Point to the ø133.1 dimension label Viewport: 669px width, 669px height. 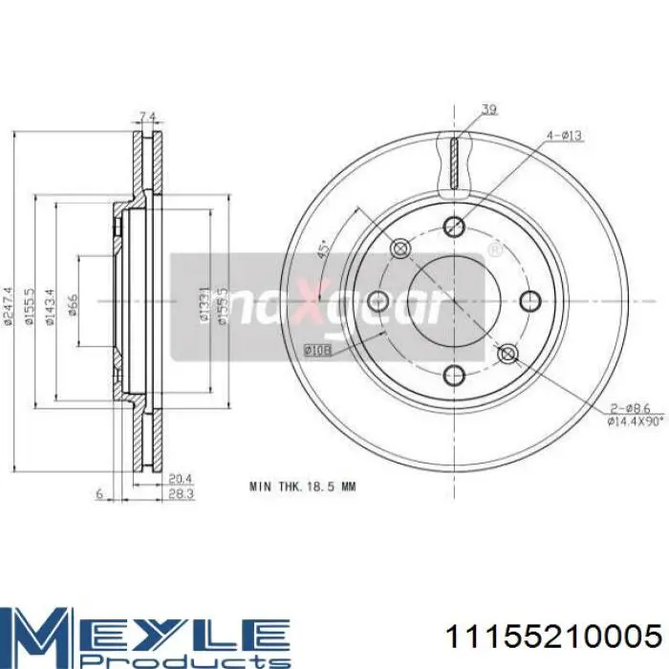[204, 305]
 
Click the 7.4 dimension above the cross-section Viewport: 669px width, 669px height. [147, 117]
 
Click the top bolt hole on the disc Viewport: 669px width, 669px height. [454, 227]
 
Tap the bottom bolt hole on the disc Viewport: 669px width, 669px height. [454, 374]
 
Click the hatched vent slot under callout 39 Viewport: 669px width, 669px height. [454, 162]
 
